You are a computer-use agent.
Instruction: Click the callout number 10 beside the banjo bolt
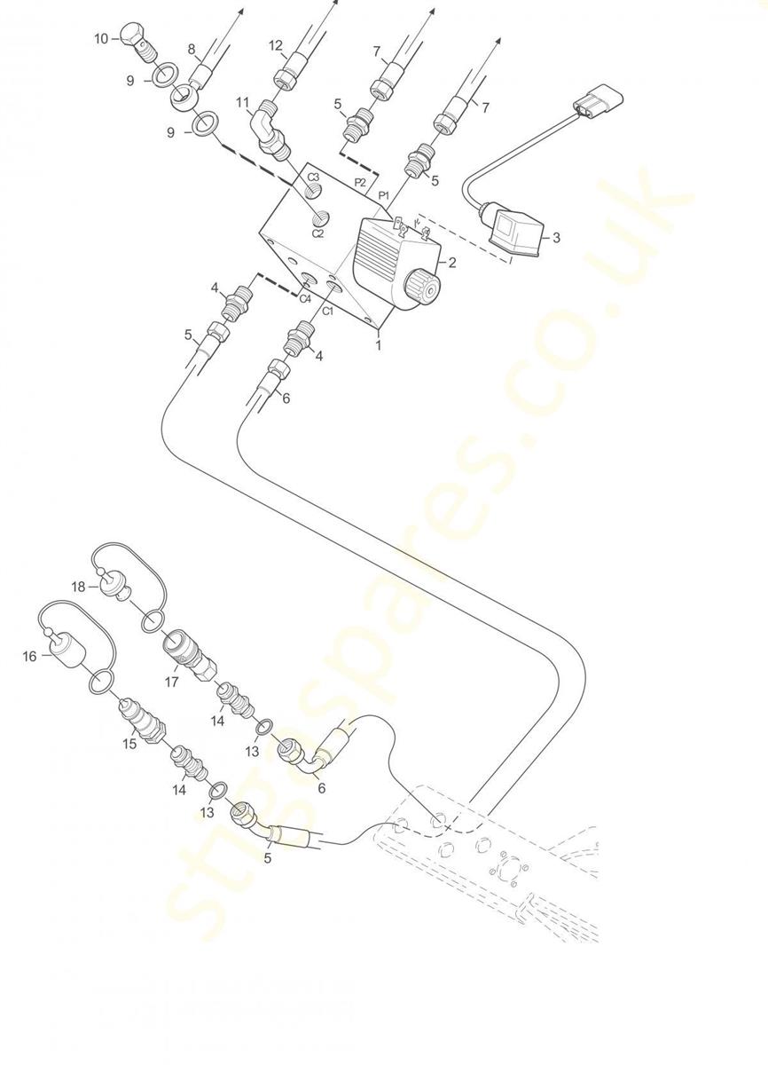[101, 38]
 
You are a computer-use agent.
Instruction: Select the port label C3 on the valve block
[313, 177]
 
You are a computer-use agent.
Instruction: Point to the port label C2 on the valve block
[317, 233]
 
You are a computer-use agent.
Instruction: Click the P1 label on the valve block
[384, 195]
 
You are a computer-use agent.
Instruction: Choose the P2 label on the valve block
[360, 182]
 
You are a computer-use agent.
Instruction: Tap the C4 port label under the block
[305, 298]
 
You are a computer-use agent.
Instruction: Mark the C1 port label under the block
[328, 312]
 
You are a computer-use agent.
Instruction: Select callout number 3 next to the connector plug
[556, 237]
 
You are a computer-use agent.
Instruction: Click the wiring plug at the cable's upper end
[599, 100]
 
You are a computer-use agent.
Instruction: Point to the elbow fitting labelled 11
[270, 130]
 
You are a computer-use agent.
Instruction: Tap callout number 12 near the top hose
[276, 45]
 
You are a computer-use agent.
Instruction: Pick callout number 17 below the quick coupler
[171, 682]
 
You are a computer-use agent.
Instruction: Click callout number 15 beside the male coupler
[129, 743]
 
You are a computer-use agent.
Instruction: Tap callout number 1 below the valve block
[379, 344]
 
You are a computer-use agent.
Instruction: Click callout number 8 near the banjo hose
[192, 49]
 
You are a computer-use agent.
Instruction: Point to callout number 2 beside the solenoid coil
[452, 262]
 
